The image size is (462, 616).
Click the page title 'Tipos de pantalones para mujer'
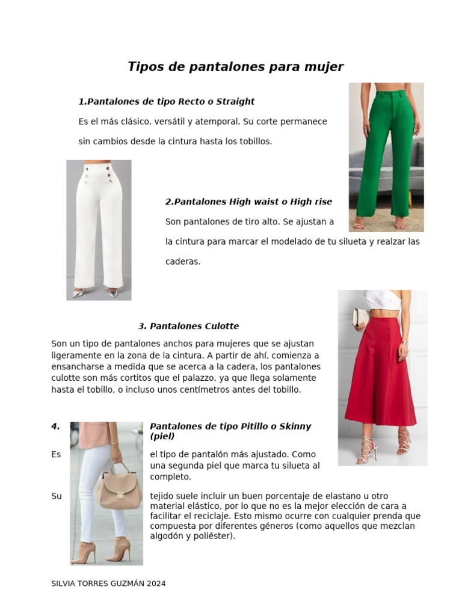tap(235, 67)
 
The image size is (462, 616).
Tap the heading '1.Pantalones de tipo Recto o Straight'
tap(166, 102)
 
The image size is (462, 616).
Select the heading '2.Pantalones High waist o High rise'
tap(248, 202)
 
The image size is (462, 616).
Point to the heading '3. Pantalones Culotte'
tap(188, 326)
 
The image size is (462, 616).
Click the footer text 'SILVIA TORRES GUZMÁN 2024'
tap(108, 584)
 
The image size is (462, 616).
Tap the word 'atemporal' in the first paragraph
tap(218, 122)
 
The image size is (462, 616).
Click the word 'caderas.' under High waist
tap(183, 262)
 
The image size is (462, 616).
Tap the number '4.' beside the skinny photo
tap(55, 427)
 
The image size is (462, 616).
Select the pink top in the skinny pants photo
tap(93, 434)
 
